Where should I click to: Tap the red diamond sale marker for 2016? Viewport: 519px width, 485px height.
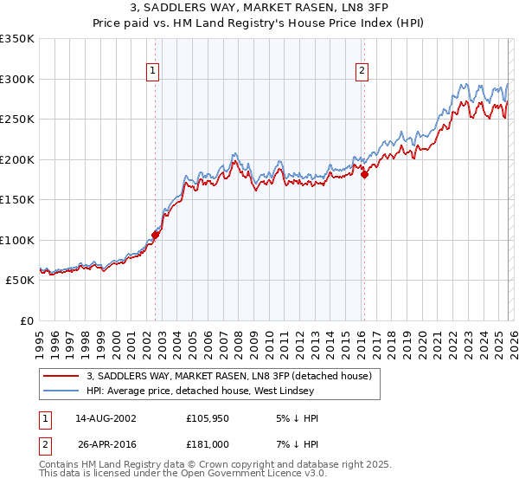click(x=364, y=174)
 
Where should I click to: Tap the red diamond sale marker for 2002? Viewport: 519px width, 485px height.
click(x=156, y=234)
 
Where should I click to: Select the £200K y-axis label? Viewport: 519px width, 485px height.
click(x=17, y=159)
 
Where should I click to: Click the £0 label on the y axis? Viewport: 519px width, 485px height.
click(x=26, y=320)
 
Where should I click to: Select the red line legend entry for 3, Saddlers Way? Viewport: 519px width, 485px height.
click(x=229, y=376)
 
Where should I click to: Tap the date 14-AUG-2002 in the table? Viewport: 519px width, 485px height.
click(x=106, y=418)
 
